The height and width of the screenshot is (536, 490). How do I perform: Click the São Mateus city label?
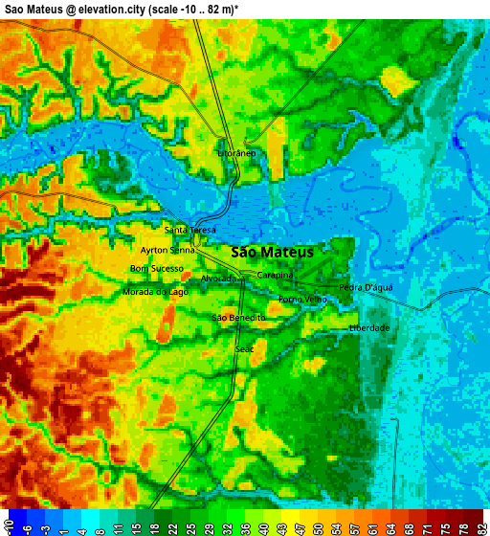click(273, 252)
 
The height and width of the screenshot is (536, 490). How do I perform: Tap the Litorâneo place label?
click(237, 153)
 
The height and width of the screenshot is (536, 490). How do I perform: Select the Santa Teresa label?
click(190, 230)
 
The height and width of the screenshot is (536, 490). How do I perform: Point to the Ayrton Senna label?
click(167, 250)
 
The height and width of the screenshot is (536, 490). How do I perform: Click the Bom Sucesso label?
click(157, 269)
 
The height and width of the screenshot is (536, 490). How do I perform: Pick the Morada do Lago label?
click(155, 292)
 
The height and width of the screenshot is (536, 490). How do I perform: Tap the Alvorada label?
click(218, 279)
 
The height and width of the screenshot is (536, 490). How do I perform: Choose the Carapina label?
click(275, 275)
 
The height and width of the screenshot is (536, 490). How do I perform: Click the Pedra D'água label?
click(366, 287)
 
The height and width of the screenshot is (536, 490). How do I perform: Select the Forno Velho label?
click(302, 300)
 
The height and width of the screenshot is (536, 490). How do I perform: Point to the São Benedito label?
click(238, 317)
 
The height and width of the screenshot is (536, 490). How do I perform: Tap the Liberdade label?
click(369, 328)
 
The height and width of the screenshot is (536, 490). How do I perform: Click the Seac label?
click(245, 349)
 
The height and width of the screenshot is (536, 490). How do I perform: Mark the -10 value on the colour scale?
click(9, 523)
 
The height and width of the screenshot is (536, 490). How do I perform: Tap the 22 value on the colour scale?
click(172, 523)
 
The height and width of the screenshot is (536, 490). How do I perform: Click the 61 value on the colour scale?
click(371, 523)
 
